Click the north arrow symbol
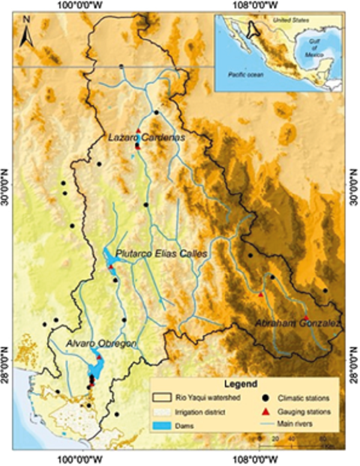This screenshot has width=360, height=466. click(x=26, y=31)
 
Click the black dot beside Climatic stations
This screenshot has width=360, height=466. click(x=265, y=398)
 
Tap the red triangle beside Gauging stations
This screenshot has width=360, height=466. click(x=265, y=411)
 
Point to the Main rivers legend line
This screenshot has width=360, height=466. click(x=265, y=424)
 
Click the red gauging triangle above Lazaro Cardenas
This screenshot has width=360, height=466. click(x=138, y=130)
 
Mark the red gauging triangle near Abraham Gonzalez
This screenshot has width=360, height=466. click(x=305, y=317)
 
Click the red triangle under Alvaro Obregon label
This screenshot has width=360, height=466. click(x=99, y=357)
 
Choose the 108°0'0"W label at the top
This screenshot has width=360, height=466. click(x=259, y=6)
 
